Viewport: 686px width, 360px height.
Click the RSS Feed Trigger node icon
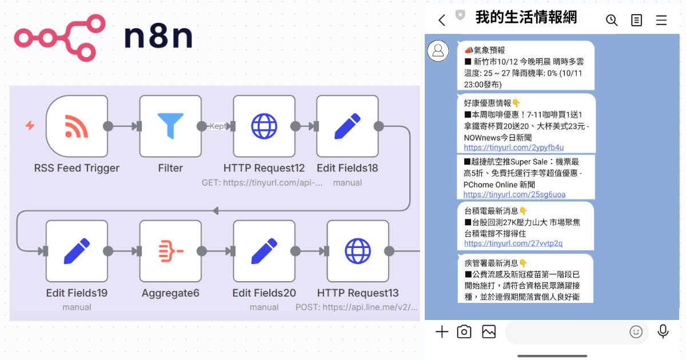[x=77, y=126]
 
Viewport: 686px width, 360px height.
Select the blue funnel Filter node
[x=170, y=126]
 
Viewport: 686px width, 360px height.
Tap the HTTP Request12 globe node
[x=264, y=126]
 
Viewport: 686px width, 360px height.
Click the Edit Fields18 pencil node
[x=348, y=126]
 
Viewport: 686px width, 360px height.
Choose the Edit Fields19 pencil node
[x=77, y=251]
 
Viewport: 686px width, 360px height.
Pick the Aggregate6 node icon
[x=170, y=251]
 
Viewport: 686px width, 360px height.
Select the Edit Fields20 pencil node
[x=264, y=251]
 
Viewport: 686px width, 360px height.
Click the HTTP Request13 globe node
[x=358, y=251]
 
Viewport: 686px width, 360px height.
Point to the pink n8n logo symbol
[x=59, y=38]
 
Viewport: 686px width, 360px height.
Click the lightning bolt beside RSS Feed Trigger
[x=30, y=125]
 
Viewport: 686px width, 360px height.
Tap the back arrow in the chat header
[x=441, y=21]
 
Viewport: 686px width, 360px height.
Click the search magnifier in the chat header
[x=612, y=21]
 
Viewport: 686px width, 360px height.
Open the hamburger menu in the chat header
[x=661, y=21]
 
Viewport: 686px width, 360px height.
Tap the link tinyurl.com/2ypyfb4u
[x=513, y=147]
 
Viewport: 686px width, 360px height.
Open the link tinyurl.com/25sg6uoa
[x=514, y=194]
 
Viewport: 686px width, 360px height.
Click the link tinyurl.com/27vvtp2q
[x=513, y=243]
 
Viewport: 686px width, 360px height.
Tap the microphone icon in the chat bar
[x=663, y=331]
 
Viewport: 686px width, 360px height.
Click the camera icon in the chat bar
[x=464, y=331]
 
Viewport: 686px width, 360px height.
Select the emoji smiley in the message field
[x=636, y=331]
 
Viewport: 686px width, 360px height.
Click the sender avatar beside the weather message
[x=438, y=51]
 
